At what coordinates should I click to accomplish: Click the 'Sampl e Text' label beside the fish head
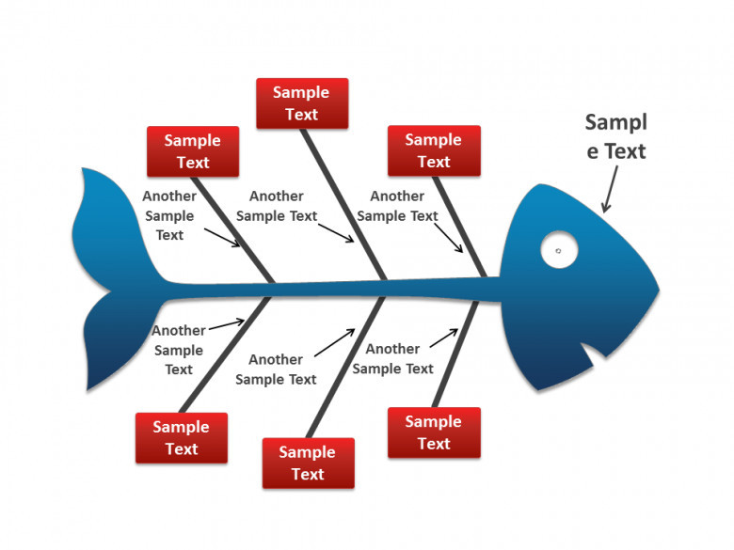tap(616, 136)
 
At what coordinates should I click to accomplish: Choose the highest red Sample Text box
tap(302, 103)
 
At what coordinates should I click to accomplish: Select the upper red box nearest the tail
tap(193, 151)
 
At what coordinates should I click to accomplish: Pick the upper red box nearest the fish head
tap(434, 150)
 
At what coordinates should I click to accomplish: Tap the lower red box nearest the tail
tap(182, 437)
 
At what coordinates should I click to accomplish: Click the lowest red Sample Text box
tap(308, 463)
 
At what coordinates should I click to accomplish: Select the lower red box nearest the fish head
tap(434, 432)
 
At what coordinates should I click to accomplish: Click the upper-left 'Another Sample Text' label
tap(169, 215)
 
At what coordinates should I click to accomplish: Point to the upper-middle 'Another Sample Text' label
tap(277, 206)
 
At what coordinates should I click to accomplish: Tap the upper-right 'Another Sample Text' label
tap(397, 206)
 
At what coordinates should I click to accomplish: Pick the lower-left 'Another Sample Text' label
tap(179, 350)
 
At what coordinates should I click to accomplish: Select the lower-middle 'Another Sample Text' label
tap(276, 369)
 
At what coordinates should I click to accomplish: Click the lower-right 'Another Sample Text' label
tap(392, 358)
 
